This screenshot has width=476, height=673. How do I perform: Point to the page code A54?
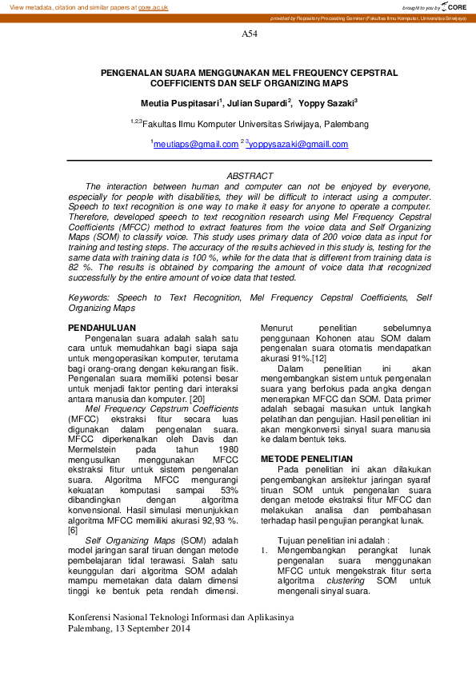[249, 34]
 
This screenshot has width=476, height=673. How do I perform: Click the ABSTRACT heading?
[250, 174]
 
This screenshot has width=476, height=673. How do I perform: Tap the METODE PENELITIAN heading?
[307, 459]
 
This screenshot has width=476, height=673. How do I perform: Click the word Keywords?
[88, 297]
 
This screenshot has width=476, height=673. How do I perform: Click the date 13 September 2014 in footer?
[156, 628]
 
